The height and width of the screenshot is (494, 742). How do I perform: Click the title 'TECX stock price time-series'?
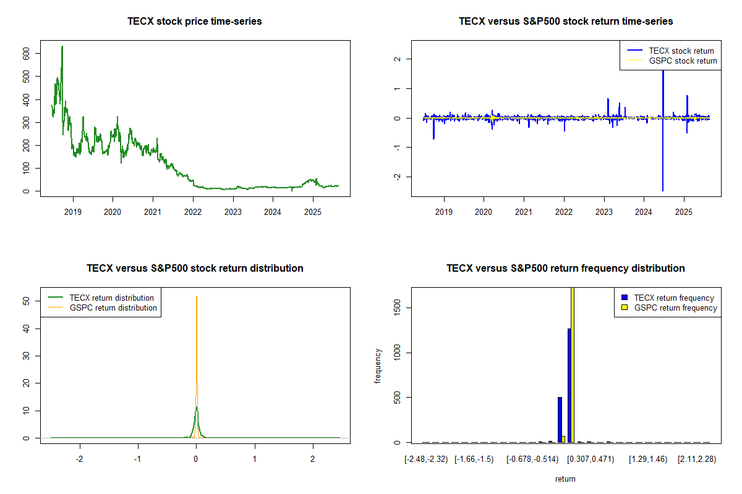pos(194,22)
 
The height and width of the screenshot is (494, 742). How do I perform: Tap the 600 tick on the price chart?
pos(26,54)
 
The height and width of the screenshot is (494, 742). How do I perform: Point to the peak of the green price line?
pos(62,46)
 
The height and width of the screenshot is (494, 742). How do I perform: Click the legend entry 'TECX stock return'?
pos(681,51)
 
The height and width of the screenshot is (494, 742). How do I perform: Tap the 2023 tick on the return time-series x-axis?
pos(603,209)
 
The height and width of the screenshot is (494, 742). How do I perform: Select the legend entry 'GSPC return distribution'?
pos(113,308)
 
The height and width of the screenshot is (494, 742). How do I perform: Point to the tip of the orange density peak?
pos(197,296)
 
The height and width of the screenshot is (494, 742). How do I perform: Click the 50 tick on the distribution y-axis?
pos(26,301)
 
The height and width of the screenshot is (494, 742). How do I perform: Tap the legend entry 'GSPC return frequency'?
pos(675,308)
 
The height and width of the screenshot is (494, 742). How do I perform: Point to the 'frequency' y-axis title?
pos(378,366)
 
